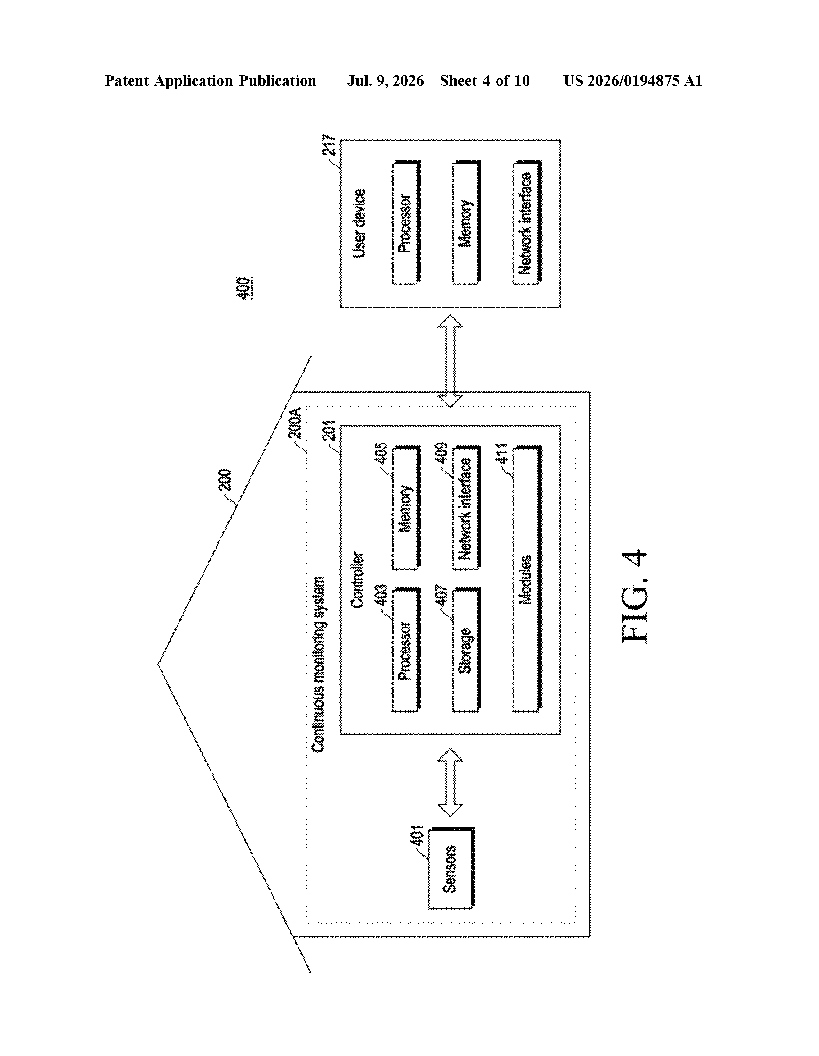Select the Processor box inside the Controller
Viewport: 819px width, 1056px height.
click(406, 650)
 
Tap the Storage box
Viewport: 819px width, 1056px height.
click(466, 650)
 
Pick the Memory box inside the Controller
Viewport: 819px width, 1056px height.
click(406, 508)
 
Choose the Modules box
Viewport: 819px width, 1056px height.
click(527, 579)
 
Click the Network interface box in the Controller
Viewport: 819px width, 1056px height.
click(466, 508)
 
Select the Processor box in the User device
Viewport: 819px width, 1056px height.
click(406, 222)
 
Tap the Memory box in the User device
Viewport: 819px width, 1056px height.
click(466, 222)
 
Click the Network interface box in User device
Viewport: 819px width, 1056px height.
click(527, 222)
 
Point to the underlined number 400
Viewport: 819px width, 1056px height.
click(244, 288)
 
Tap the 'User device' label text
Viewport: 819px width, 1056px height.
click(359, 223)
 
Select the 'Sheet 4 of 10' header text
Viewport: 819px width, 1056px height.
click(485, 81)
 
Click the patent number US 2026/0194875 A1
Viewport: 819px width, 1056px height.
click(633, 81)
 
